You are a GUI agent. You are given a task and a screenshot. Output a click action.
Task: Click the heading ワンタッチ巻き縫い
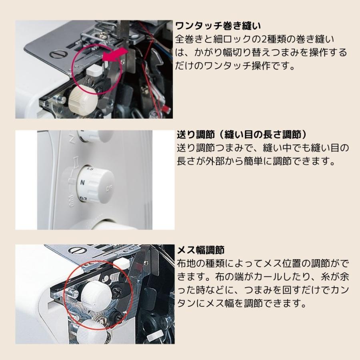click(x=218, y=26)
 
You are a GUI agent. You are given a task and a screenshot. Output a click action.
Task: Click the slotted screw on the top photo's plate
click(x=56, y=55)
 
